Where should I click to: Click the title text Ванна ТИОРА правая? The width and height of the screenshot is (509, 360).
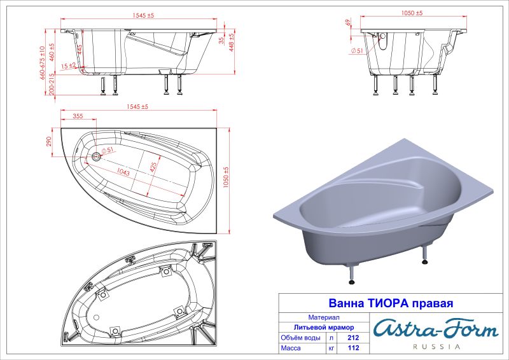(390, 303)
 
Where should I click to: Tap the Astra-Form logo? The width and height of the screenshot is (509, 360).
(435, 329)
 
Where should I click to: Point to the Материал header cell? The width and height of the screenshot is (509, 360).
(323, 317)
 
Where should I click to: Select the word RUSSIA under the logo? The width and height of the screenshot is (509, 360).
(436, 347)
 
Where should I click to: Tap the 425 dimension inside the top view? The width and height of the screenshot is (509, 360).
(153, 167)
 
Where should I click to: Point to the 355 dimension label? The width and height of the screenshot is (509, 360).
(78, 116)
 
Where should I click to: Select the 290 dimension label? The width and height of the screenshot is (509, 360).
(48, 141)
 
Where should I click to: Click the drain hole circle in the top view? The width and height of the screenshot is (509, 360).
(96, 155)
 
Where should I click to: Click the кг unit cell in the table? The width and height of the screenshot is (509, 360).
(331, 349)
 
